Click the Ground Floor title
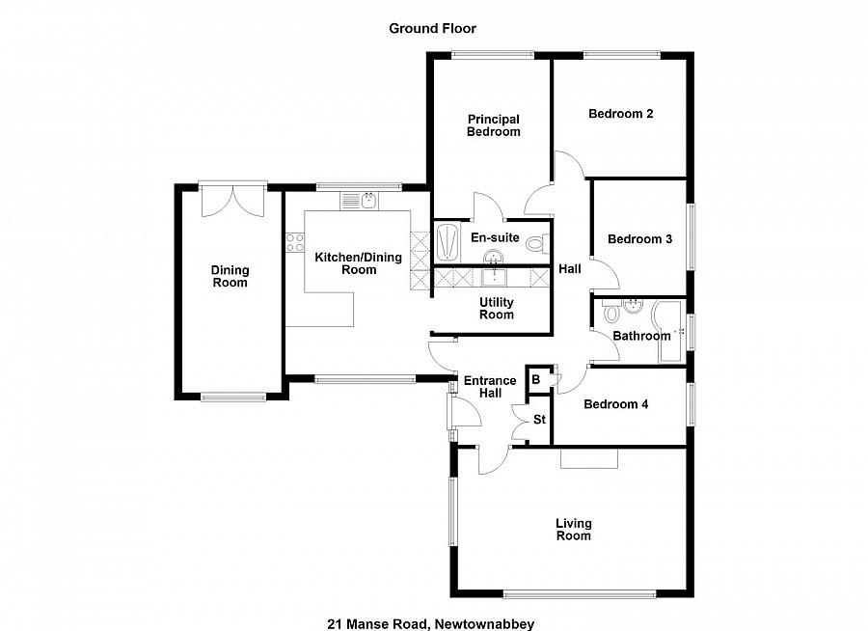point(432,28)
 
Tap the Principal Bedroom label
point(493,125)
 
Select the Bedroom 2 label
point(621,114)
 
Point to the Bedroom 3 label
point(639,239)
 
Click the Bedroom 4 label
point(615,404)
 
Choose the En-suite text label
point(495,237)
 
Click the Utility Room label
point(497,309)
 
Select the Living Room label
point(573,530)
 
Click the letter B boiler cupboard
point(536,380)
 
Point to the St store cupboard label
point(539,420)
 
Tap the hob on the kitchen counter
point(293,243)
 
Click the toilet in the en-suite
point(545,242)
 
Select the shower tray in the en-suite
point(449,240)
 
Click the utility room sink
point(494,278)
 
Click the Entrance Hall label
point(490,387)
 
